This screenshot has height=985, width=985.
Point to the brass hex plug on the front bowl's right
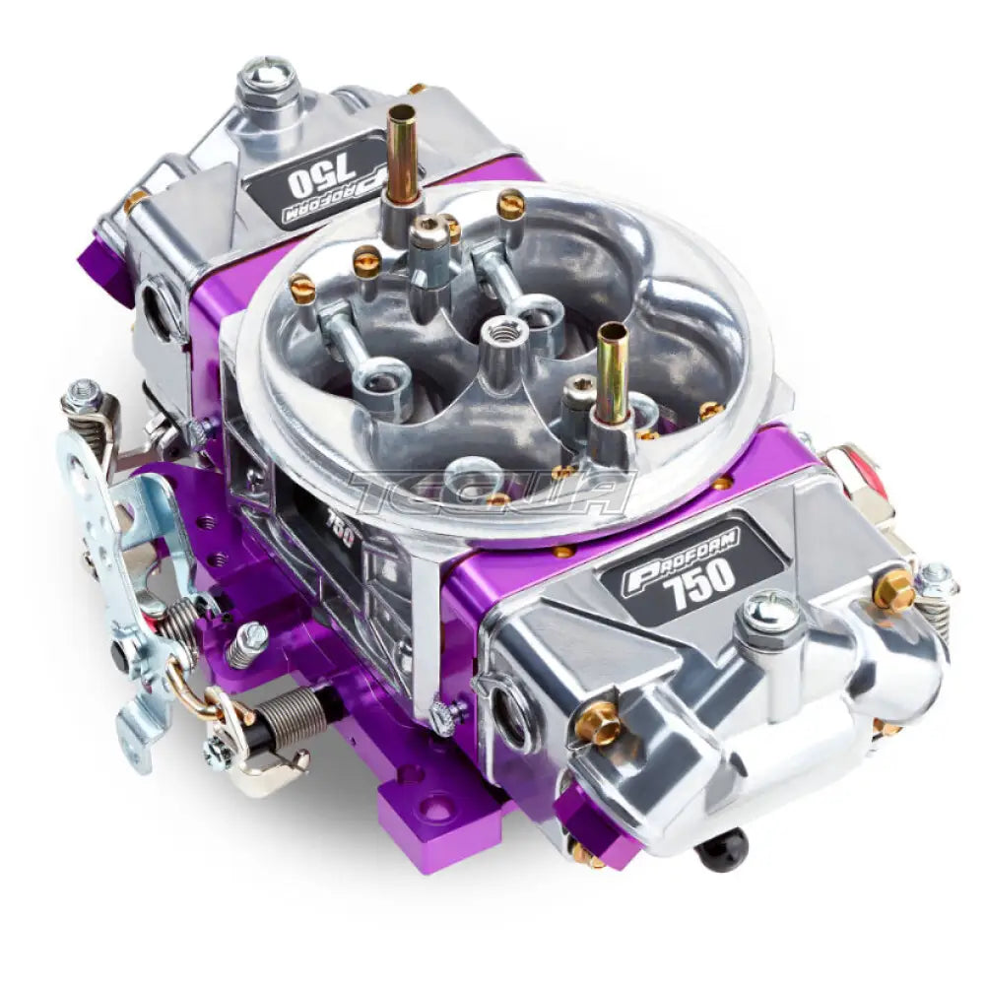tap(892, 590)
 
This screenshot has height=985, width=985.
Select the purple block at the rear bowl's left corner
tap(105, 266)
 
